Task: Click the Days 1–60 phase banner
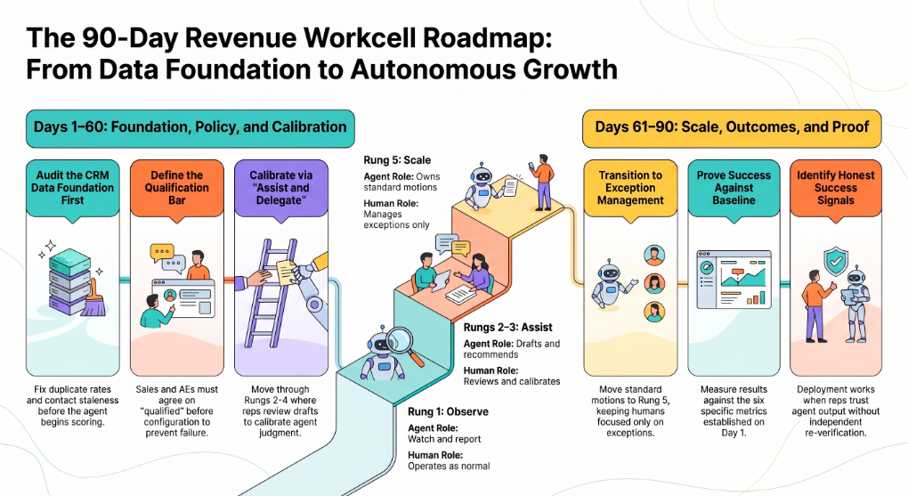point(190,127)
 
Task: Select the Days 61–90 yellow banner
point(732,127)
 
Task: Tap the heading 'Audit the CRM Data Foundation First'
point(72,188)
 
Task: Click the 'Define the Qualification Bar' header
point(176,188)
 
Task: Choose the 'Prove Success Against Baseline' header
point(734,188)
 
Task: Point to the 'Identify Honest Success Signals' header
point(836,188)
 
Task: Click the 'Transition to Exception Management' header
point(630,188)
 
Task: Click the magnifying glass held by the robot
point(403,345)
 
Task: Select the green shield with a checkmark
point(836,263)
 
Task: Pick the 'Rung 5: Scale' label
point(397,160)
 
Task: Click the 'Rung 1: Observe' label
point(448,412)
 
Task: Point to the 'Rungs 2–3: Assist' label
point(507,328)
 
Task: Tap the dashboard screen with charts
point(734,280)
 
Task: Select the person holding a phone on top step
point(543,182)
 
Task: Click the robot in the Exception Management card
point(612,284)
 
